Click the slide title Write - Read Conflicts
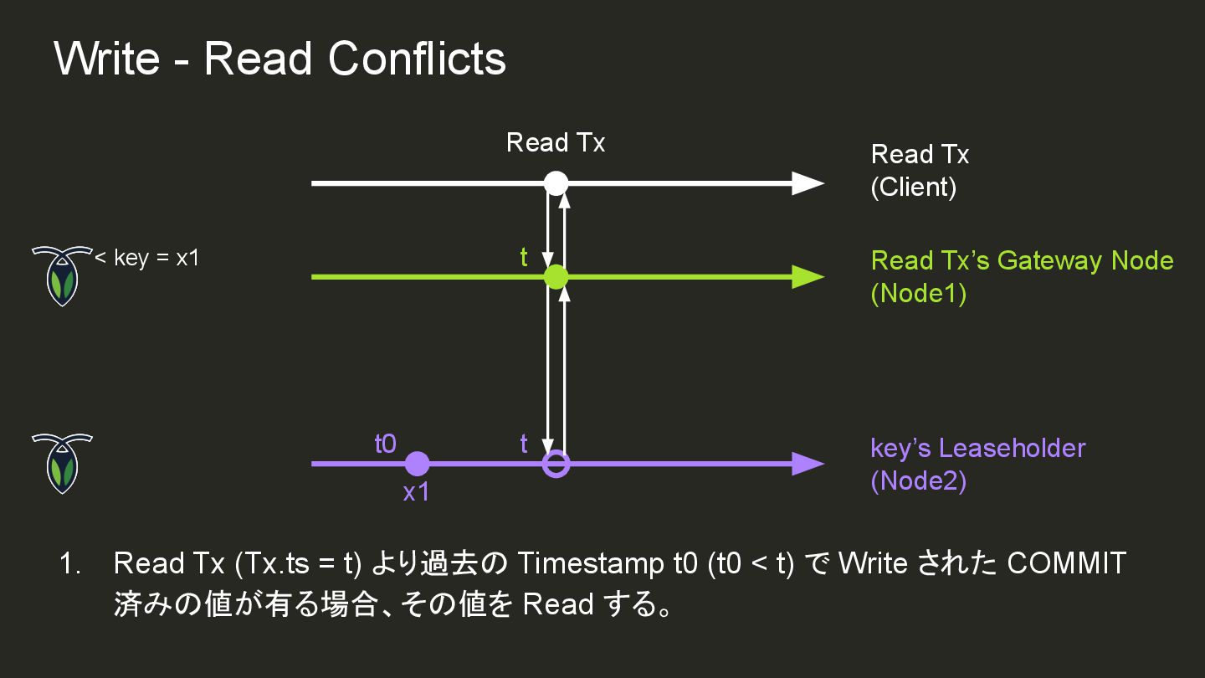point(279,59)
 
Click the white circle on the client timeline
point(556,182)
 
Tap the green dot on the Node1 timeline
point(556,277)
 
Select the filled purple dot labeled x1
point(417,463)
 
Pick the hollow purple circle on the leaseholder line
point(556,463)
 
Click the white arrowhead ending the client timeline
point(808,182)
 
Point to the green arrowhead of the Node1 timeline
point(808,277)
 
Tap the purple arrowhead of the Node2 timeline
point(808,463)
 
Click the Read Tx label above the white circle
point(556,143)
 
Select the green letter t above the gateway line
point(524,258)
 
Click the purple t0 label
point(385,444)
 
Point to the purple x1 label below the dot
point(416,493)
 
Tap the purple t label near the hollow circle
point(524,444)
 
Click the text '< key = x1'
point(147,258)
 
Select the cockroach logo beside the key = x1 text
point(61,275)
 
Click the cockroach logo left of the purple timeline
point(61,463)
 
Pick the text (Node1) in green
point(918,295)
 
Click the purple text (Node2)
point(918,482)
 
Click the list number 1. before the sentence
point(70,564)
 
